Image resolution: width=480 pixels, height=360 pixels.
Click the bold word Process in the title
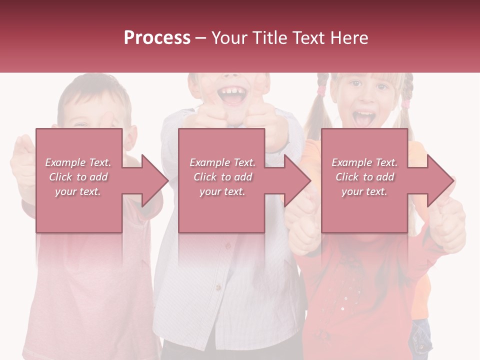tap(157, 38)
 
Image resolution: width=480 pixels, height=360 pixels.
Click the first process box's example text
tap(78, 177)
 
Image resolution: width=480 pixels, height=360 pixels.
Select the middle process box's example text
tap(222, 177)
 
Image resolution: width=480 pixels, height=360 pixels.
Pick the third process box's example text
tap(364, 177)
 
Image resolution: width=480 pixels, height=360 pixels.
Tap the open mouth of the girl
tap(363, 118)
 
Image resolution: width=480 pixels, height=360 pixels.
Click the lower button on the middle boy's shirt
tap(218, 287)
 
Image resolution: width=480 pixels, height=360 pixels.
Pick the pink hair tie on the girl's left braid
tap(322, 92)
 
